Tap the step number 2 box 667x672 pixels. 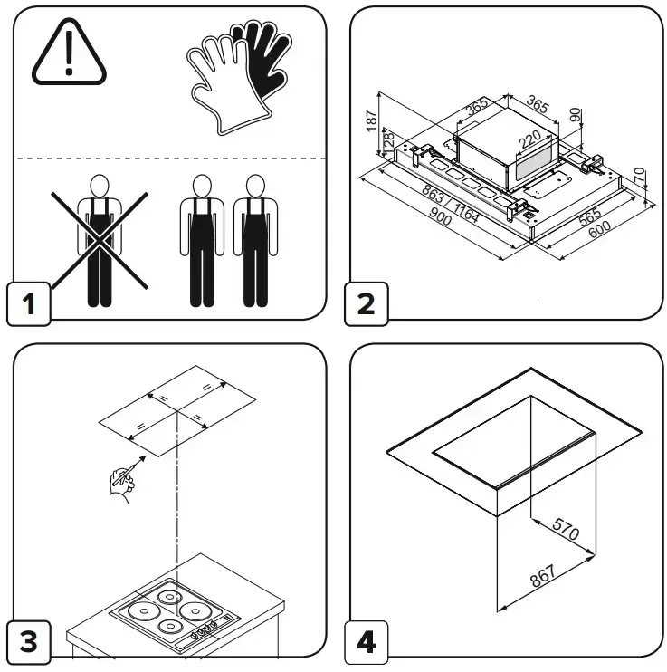(x=366, y=302)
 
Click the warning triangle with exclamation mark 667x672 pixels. (x=69, y=56)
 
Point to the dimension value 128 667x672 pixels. (x=389, y=143)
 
